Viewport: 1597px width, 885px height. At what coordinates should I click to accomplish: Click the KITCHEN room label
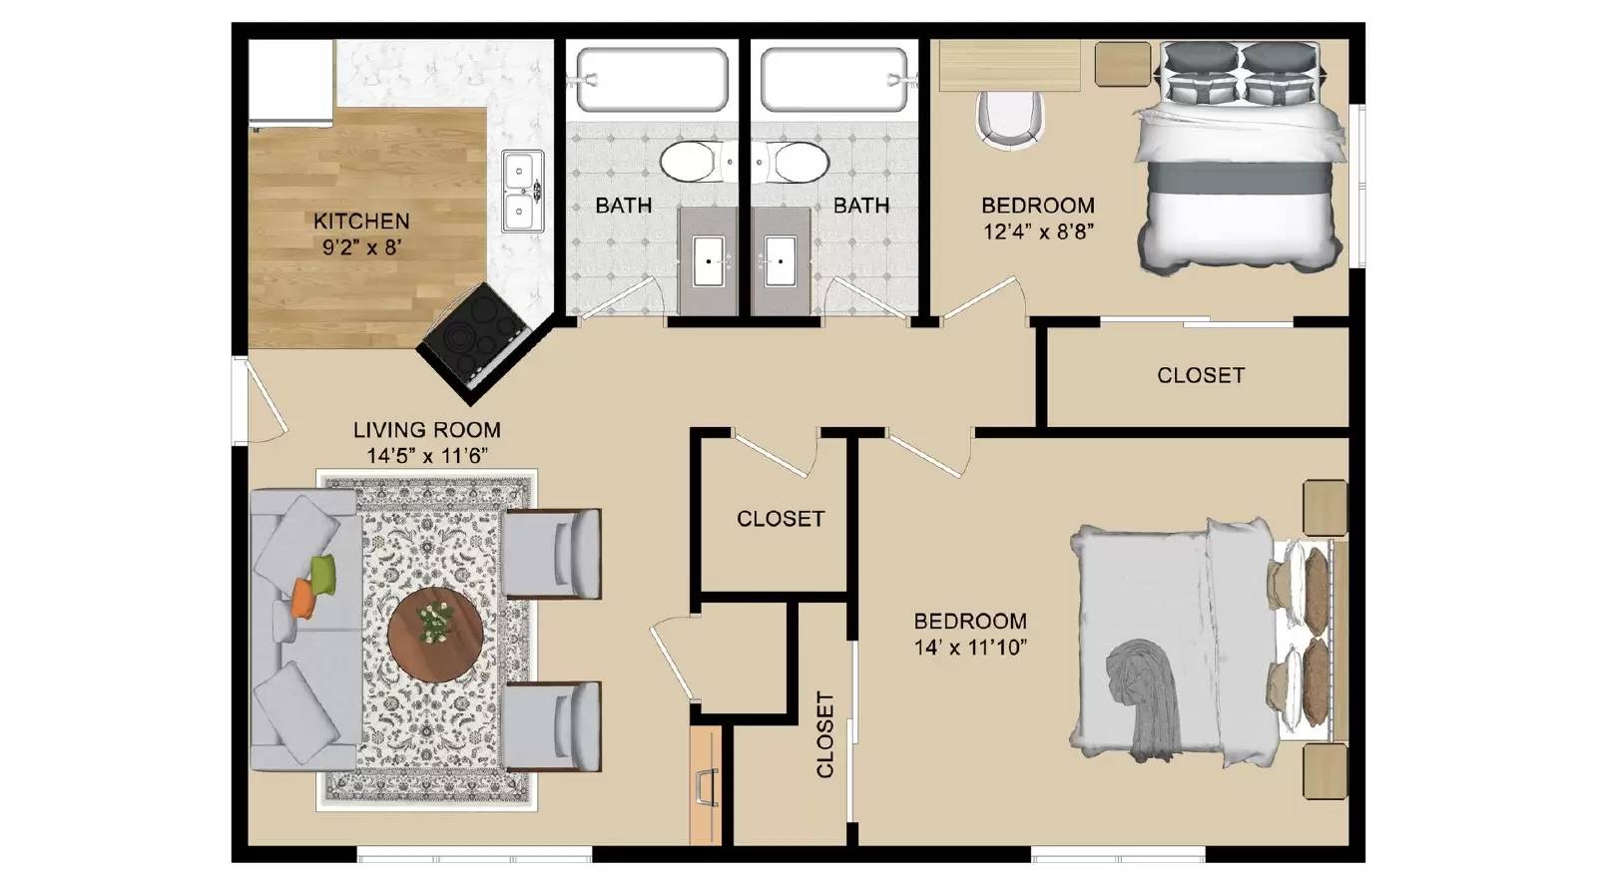point(361,221)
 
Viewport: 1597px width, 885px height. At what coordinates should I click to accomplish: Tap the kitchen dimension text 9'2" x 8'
point(361,246)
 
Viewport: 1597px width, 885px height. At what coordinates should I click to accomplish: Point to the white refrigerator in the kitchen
point(289,83)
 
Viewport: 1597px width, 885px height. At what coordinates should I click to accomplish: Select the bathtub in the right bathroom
point(834,79)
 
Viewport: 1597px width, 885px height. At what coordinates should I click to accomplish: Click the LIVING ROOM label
point(426,430)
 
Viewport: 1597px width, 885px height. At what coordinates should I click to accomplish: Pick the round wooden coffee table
point(436,632)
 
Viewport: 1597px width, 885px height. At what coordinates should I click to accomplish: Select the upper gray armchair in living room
point(552,553)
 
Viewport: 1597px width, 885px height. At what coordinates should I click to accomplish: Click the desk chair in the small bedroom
point(1010,118)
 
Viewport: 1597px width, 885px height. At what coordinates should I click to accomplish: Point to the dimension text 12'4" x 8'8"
point(1038,231)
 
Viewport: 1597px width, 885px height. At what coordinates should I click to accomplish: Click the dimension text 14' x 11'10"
point(970,647)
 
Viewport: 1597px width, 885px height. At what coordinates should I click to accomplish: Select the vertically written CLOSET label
point(824,734)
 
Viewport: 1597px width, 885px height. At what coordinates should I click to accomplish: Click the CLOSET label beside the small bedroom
point(1201,375)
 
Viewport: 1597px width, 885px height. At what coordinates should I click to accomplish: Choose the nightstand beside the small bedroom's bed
point(1123,63)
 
